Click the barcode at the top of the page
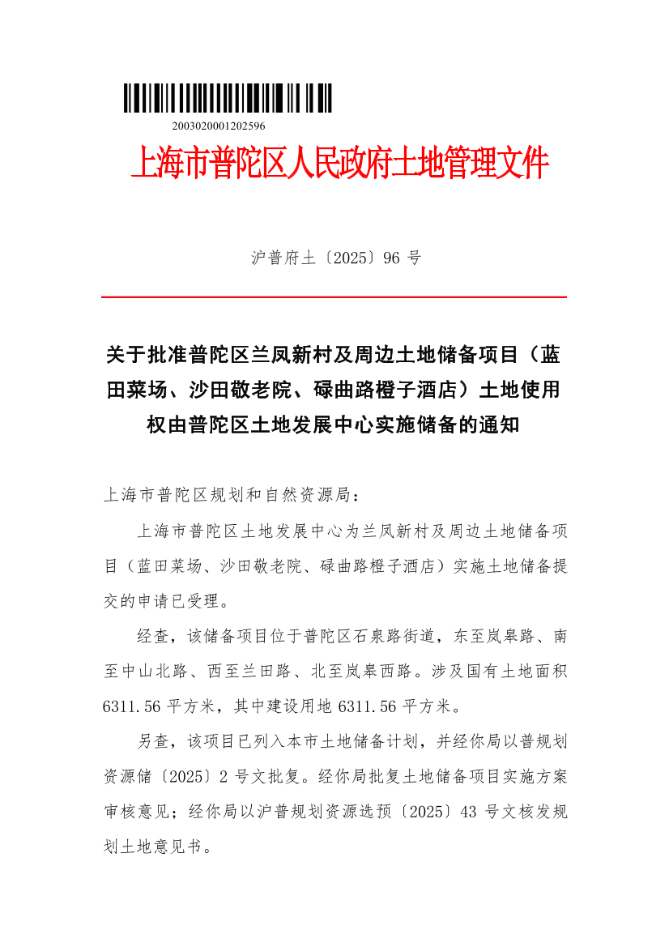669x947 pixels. pyautogui.click(x=228, y=98)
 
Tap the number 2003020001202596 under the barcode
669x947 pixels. pyautogui.click(x=219, y=126)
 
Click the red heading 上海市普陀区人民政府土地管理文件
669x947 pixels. pyautogui.click(x=339, y=164)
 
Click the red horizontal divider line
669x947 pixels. pyautogui.click(x=334, y=297)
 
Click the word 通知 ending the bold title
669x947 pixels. pyautogui.click(x=499, y=424)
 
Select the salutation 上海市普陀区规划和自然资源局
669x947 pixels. pyautogui.click(x=226, y=494)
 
